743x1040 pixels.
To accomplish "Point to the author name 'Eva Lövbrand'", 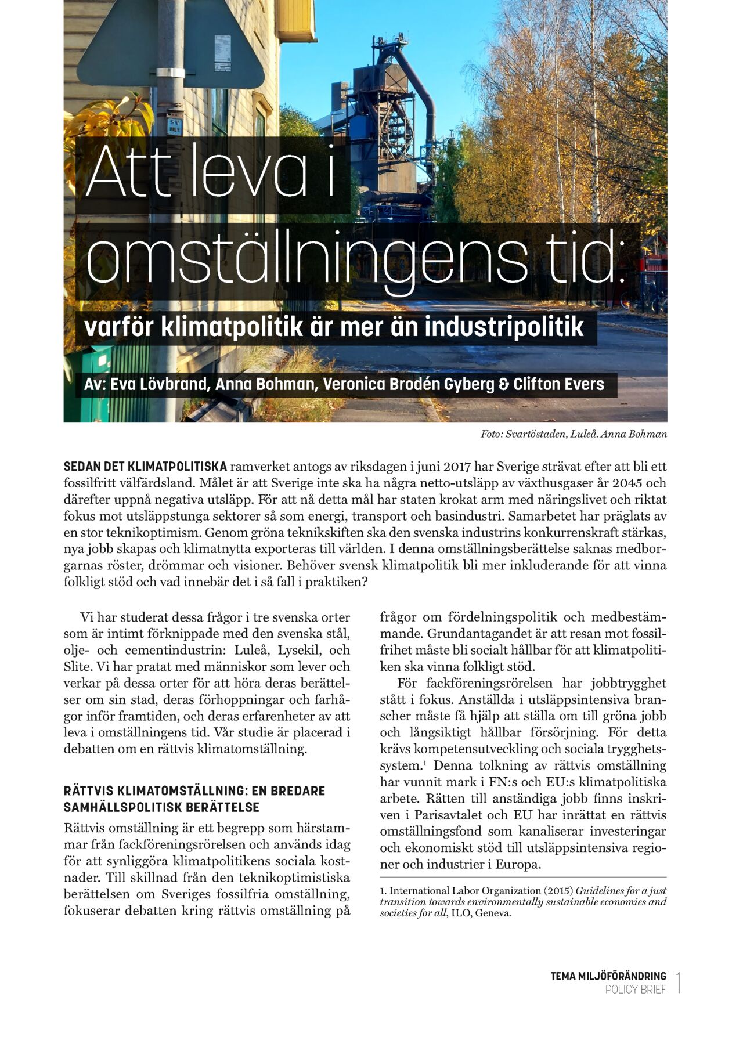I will pyautogui.click(x=160, y=384).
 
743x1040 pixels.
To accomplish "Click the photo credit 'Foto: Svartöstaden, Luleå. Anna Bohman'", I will pyautogui.click(x=574, y=434).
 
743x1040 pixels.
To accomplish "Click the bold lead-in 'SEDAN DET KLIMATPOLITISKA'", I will pyautogui.click(x=145, y=467).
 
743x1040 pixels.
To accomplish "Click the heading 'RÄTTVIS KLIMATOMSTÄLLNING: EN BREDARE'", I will pyautogui.click(x=194, y=790).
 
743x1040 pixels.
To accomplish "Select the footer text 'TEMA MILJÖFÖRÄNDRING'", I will pyautogui.click(x=608, y=976).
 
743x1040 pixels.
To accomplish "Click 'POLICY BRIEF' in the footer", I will pyautogui.click(x=636, y=990).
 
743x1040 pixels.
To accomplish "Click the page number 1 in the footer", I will pyautogui.click(x=679, y=983).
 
